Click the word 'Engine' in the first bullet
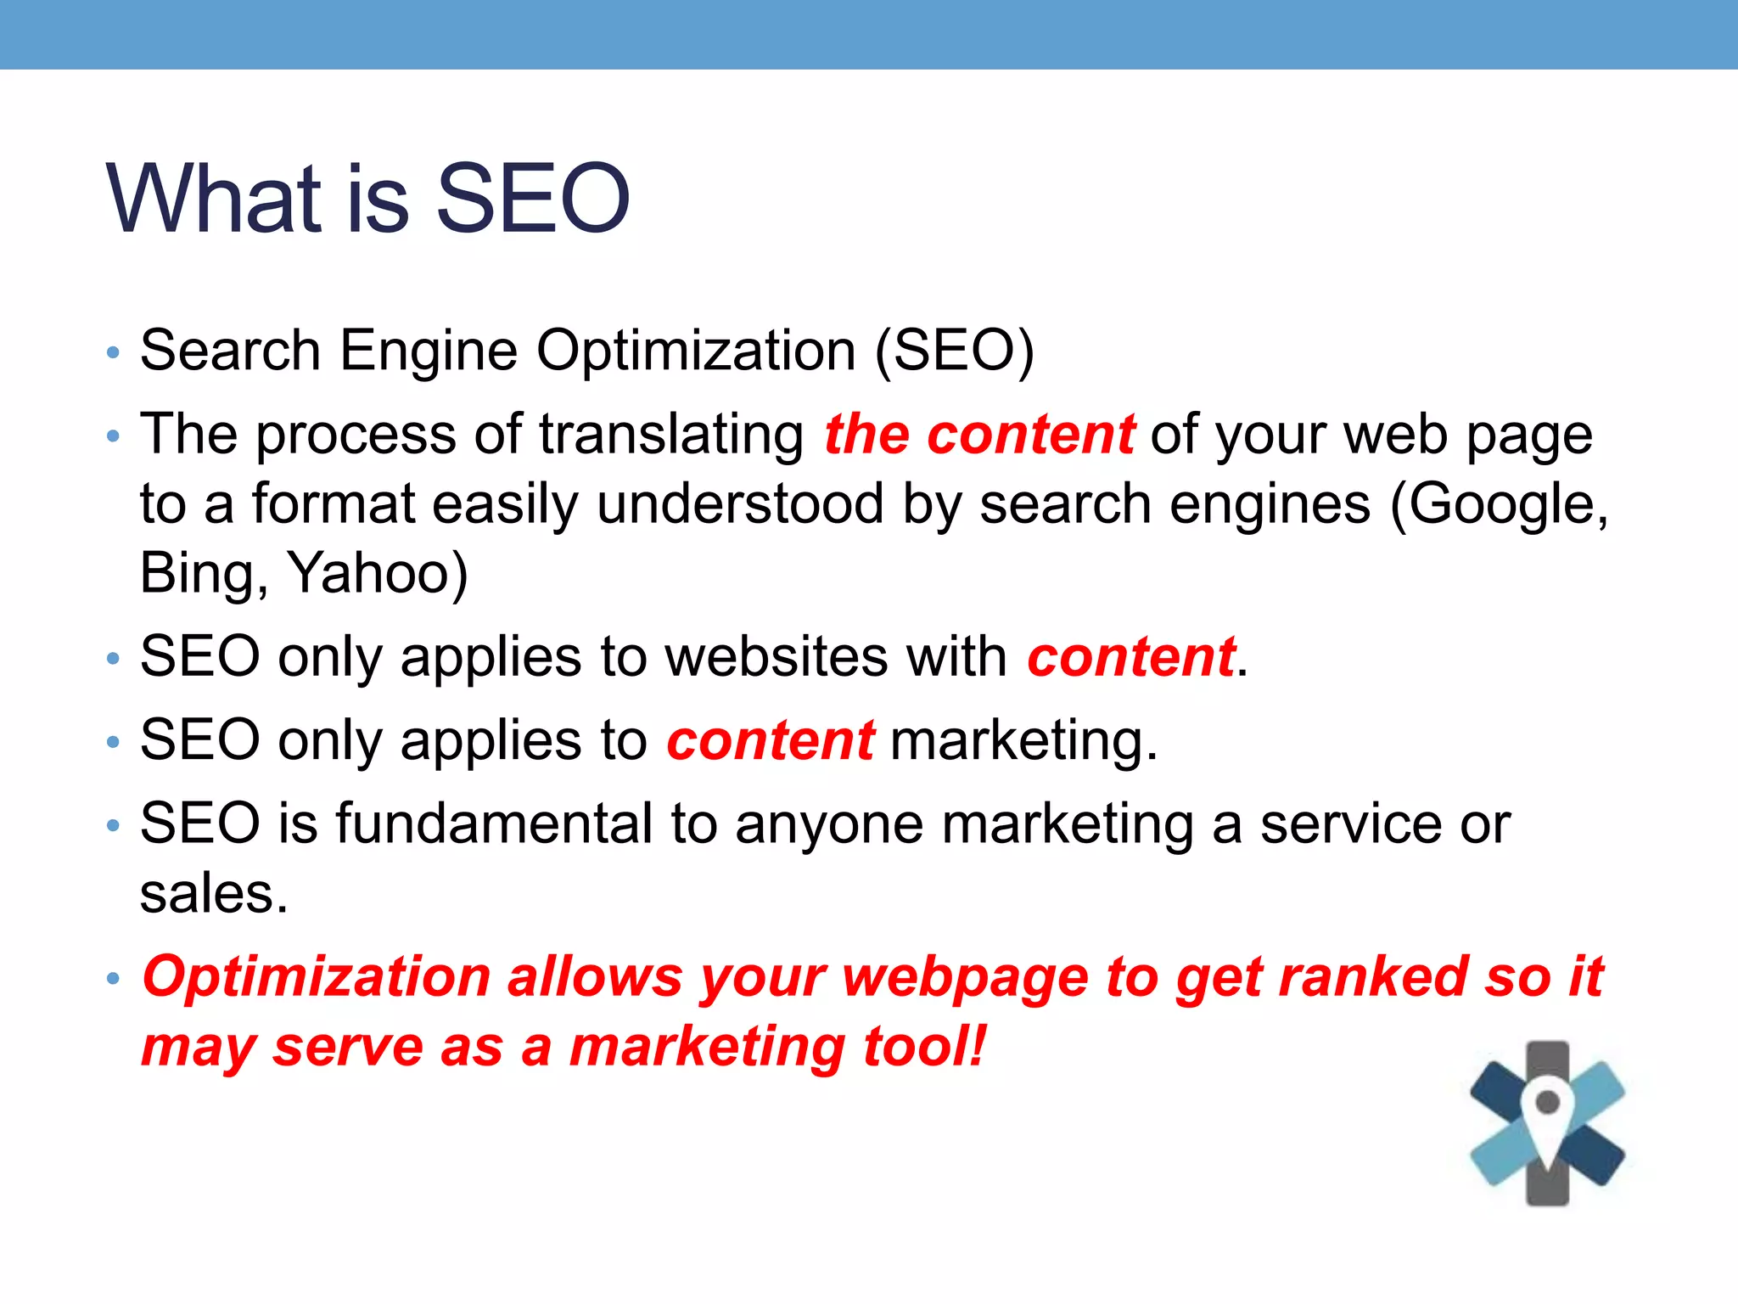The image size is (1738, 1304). click(429, 351)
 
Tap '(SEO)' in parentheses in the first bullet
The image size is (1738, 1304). click(955, 351)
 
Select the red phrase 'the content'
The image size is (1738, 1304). click(979, 435)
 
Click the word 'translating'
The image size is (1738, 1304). click(671, 435)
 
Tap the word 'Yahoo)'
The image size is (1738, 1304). click(378, 574)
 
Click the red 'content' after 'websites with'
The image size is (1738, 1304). click(1130, 657)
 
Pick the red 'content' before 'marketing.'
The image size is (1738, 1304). click(770, 740)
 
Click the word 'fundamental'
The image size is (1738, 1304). click(493, 823)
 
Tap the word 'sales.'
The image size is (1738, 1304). click(214, 893)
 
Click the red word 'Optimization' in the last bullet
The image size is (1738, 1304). click(317, 976)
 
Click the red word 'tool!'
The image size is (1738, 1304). click(925, 1046)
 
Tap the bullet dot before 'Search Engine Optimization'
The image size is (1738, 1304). click(114, 352)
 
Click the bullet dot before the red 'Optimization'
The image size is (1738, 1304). click(114, 978)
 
